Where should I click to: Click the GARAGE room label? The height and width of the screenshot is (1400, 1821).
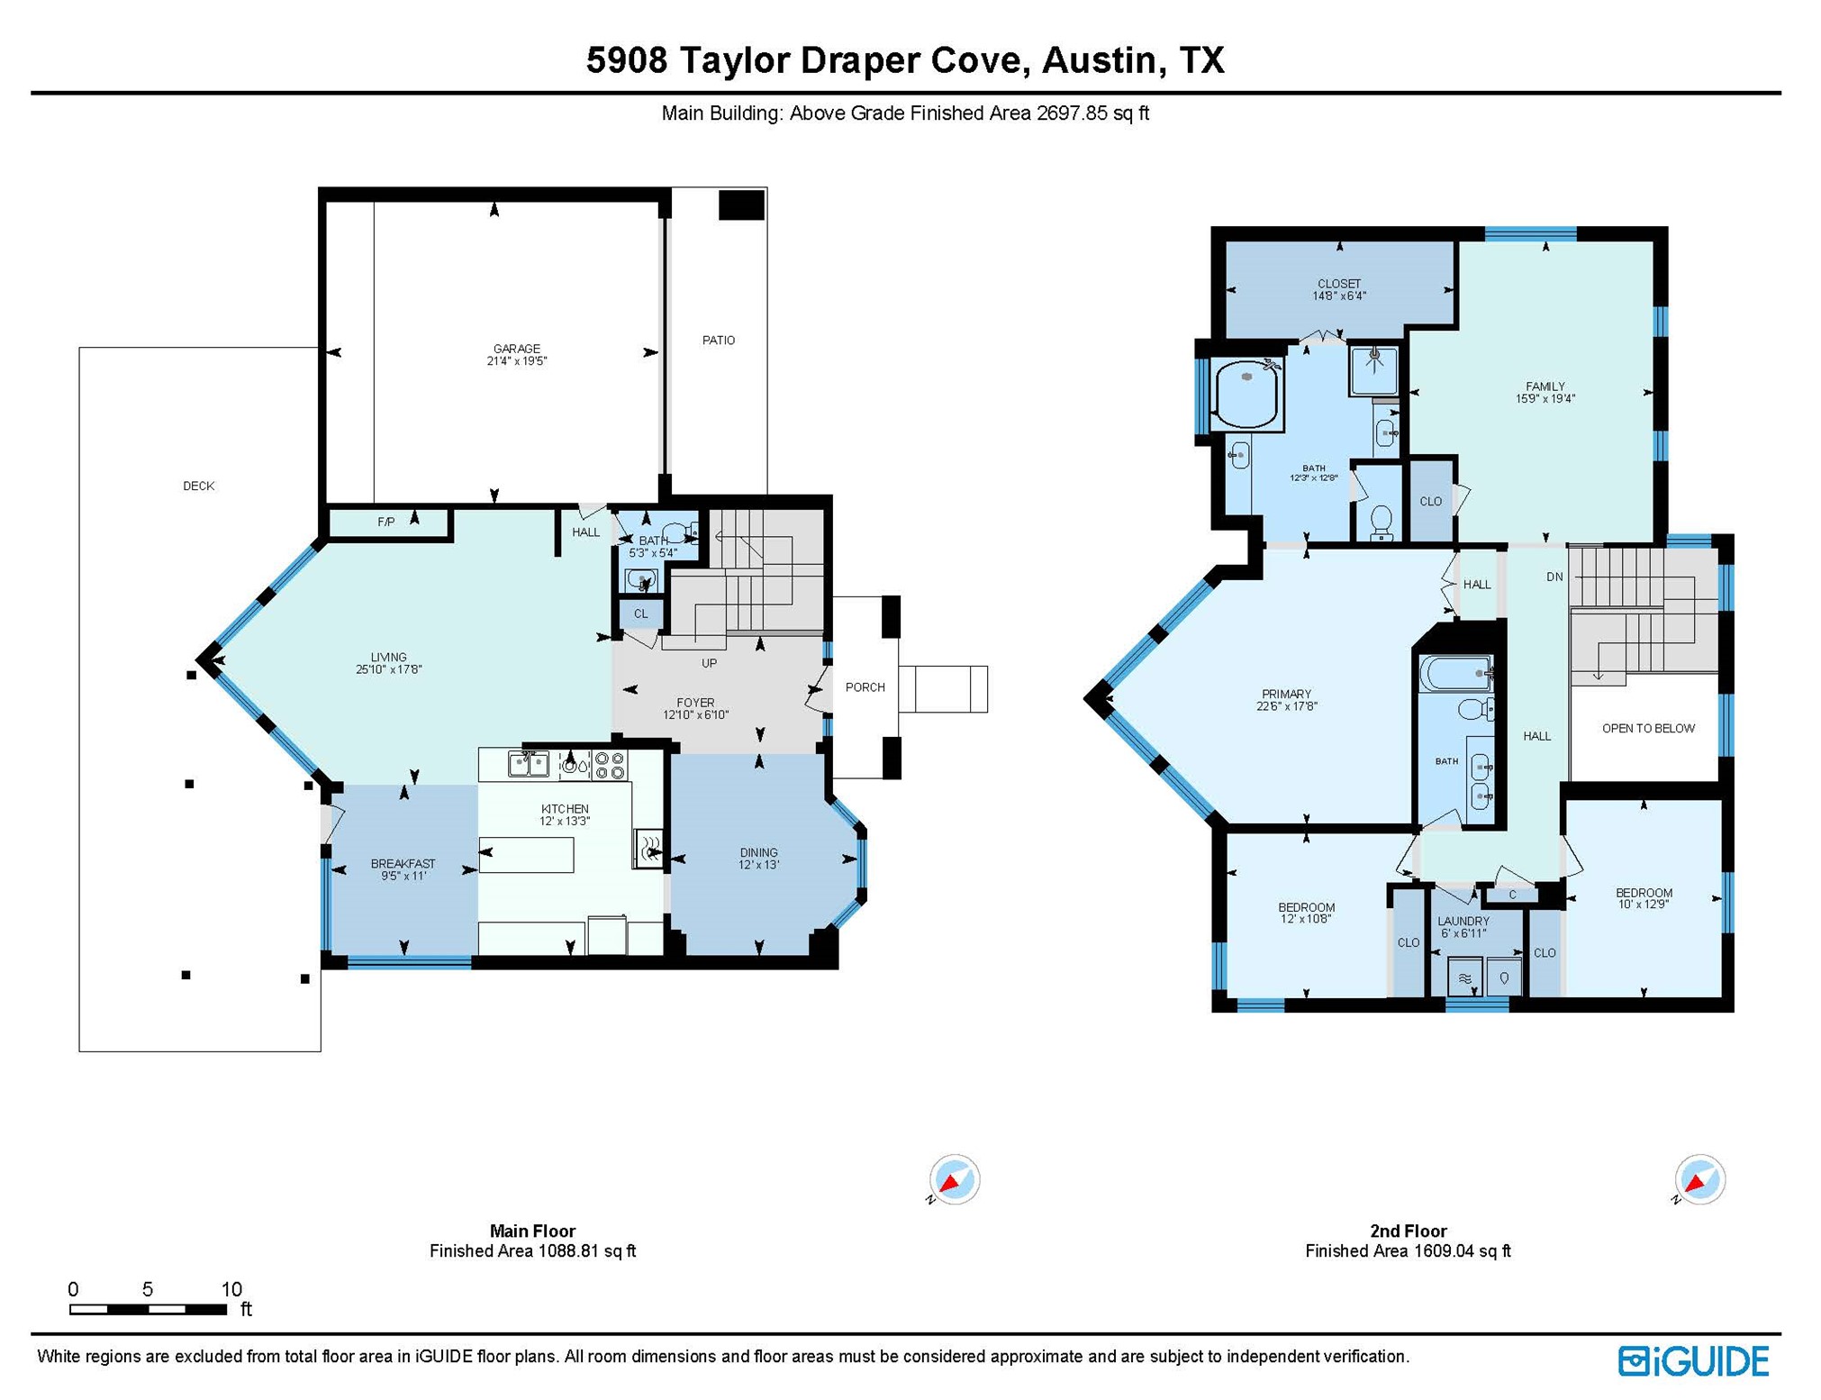[x=516, y=349]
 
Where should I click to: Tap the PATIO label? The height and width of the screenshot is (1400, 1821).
[x=718, y=341]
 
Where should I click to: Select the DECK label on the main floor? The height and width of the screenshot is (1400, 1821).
[x=198, y=486]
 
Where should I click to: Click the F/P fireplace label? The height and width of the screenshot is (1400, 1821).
[x=385, y=523]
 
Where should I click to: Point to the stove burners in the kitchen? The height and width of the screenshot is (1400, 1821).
[x=610, y=766]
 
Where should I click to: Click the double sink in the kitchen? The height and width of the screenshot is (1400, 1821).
[x=529, y=765]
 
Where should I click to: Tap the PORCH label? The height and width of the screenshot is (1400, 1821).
[x=865, y=687]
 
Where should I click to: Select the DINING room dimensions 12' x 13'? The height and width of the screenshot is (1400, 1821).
[x=758, y=865]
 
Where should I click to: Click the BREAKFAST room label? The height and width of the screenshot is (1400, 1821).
[x=403, y=864]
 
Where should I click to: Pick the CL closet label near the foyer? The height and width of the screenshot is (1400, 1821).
[x=640, y=614]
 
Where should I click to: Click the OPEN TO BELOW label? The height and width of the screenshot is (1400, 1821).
[x=1647, y=729]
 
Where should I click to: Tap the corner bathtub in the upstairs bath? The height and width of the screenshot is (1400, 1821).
[x=1246, y=394]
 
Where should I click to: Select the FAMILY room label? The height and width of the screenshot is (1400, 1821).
[x=1545, y=386]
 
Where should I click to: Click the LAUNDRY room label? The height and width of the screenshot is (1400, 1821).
[x=1463, y=922]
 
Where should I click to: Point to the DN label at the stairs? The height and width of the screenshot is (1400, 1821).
[x=1554, y=577]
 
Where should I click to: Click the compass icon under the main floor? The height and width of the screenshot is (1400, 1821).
[x=954, y=1179]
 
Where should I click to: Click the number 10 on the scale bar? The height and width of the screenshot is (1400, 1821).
[x=231, y=1289]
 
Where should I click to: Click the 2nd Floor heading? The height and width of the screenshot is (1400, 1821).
[x=1408, y=1232]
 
